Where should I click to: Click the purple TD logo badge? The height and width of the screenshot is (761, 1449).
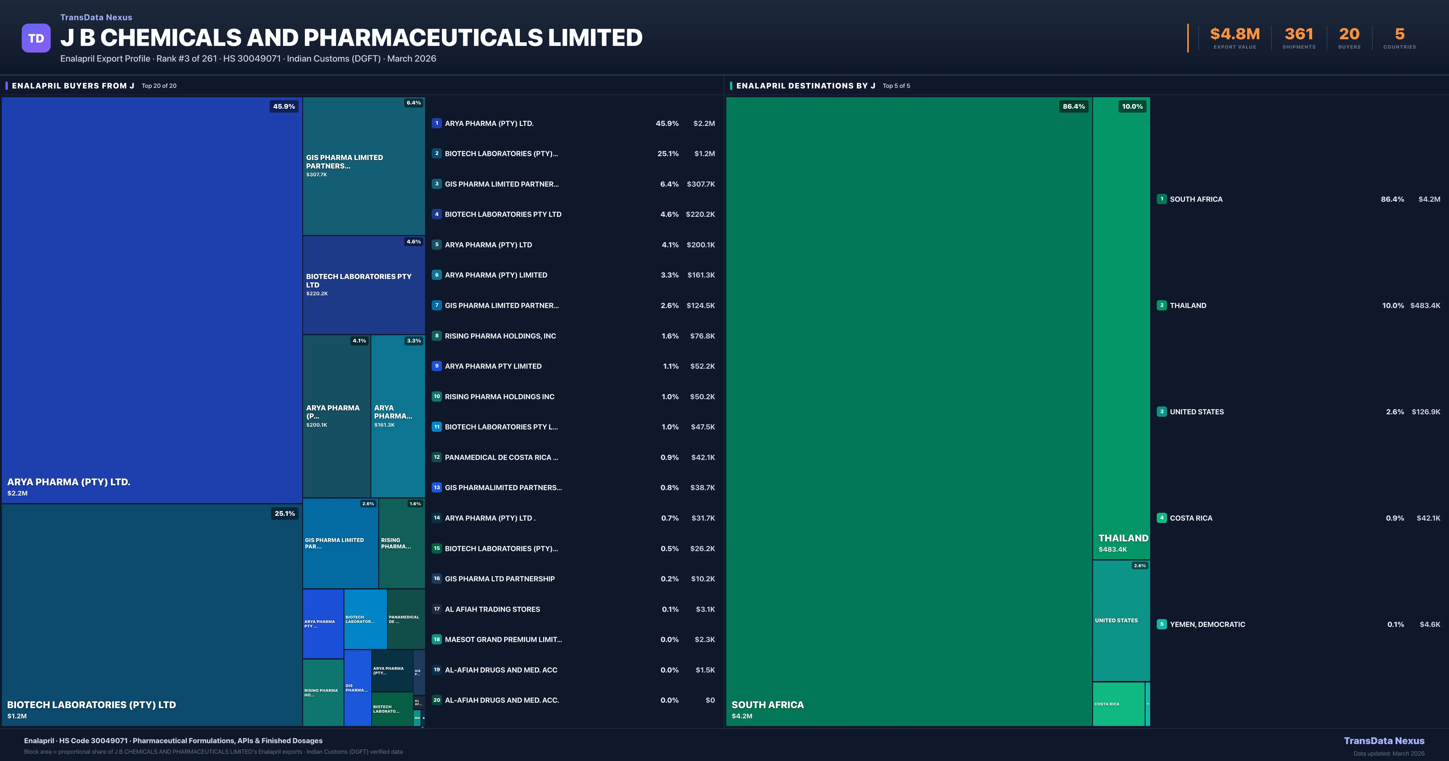coord(36,38)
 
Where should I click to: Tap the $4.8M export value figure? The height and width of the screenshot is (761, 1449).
coord(1235,34)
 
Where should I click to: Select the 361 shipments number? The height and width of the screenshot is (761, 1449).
coord(1299,34)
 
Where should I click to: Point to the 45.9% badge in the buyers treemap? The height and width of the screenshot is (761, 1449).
coord(284,106)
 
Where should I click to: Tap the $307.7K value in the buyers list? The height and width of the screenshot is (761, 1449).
coord(700,184)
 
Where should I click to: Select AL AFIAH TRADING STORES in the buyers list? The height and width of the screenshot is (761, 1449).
coord(492,609)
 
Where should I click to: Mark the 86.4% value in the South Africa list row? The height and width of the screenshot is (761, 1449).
coord(1392,199)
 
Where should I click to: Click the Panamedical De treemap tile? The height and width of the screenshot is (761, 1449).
coord(405,619)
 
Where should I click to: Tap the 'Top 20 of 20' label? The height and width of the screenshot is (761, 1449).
coord(159,86)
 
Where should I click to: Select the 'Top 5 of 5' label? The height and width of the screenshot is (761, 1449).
coord(896,86)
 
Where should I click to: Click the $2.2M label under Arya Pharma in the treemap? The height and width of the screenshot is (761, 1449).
coord(18,493)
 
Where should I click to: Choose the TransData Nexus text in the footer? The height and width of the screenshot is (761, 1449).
coord(1384,741)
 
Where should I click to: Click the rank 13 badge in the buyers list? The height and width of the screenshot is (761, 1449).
coord(437,487)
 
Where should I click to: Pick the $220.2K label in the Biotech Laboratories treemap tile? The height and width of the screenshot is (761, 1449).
coord(317,293)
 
